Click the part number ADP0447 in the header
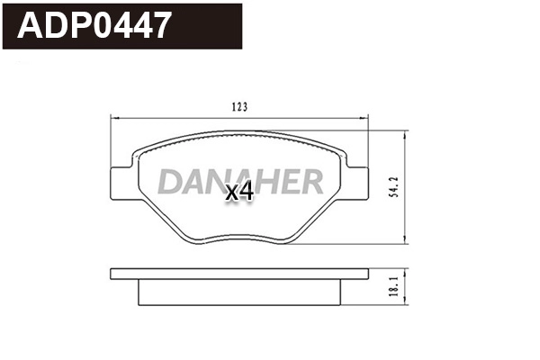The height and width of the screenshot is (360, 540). click(x=94, y=25)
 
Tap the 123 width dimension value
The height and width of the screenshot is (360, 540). click(x=239, y=107)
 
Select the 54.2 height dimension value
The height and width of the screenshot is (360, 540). click(x=394, y=187)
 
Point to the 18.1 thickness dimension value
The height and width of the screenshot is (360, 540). click(x=394, y=286)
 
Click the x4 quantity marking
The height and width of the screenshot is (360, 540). click(x=239, y=192)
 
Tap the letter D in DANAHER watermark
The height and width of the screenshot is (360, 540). click(x=172, y=181)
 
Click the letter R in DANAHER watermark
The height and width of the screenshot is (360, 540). click(x=311, y=181)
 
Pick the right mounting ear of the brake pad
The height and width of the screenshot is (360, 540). click(x=356, y=183)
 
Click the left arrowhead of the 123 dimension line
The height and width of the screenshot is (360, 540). click(x=114, y=118)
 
